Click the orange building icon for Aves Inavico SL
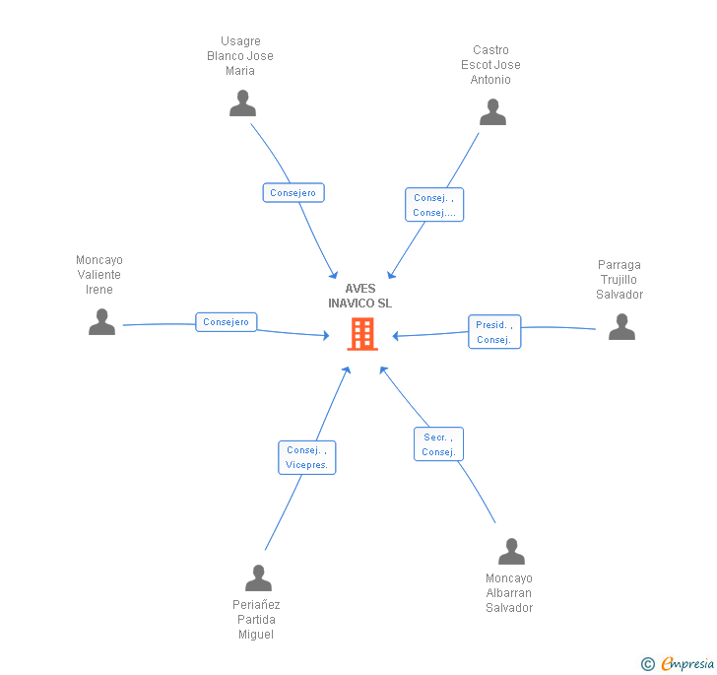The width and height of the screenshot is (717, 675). coord(362,334)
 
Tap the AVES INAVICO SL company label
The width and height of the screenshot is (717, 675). coord(359,296)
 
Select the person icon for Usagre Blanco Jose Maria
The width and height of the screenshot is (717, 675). coord(242,103)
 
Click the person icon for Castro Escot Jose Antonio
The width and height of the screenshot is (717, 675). coord(492,112)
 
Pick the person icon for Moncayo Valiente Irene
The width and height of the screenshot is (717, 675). coord(101,322)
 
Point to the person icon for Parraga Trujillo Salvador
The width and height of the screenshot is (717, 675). coord(621,327)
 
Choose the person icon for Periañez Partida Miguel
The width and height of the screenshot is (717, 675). coord(258,578)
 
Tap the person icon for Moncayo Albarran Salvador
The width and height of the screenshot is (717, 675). coord(511,552)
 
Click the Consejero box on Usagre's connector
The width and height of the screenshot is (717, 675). coord(293,193)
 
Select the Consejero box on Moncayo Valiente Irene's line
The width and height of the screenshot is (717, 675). coord(227,322)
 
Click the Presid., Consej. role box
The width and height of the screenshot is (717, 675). coord(493,332)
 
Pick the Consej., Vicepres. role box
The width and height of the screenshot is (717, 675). coord(306,457)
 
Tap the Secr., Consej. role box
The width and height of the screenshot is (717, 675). coord(437,444)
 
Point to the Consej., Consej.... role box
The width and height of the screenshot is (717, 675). coord(433,205)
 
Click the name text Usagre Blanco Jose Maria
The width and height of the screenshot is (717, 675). coord(240,56)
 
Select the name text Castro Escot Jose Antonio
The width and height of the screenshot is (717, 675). coord(490,65)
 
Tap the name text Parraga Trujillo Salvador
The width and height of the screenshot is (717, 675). coord(619,280)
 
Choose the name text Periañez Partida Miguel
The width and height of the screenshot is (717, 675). coord(257,620)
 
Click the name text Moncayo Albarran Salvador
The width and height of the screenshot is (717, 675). coord(509,593)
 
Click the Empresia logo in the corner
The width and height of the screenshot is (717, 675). coord(678,664)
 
